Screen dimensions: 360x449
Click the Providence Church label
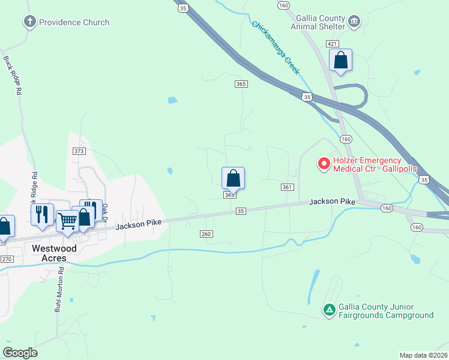pyautogui.click(x=74, y=22)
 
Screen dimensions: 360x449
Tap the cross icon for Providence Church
pyautogui.click(x=29, y=22)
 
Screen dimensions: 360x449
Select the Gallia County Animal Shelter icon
pyautogui.click(x=354, y=22)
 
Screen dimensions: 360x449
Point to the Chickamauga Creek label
pyautogui.click(x=276, y=48)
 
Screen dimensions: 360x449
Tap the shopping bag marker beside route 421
pyautogui.click(x=340, y=61)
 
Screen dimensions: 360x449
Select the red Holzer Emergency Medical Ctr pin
pyautogui.click(x=324, y=163)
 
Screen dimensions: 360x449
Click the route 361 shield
pyautogui.click(x=287, y=187)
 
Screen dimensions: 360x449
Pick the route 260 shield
pyautogui.click(x=206, y=234)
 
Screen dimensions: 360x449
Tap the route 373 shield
pyautogui.click(x=79, y=151)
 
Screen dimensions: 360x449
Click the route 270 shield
pyautogui.click(x=7, y=259)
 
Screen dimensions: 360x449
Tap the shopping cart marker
pyautogui.click(x=67, y=221)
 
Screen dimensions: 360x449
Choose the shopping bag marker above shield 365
pyautogui.click(x=233, y=178)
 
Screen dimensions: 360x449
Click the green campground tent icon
pyautogui.click(x=329, y=310)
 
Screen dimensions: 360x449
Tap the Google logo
pyautogui.click(x=20, y=353)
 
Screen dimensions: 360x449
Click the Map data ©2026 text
pyautogui.click(x=423, y=355)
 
